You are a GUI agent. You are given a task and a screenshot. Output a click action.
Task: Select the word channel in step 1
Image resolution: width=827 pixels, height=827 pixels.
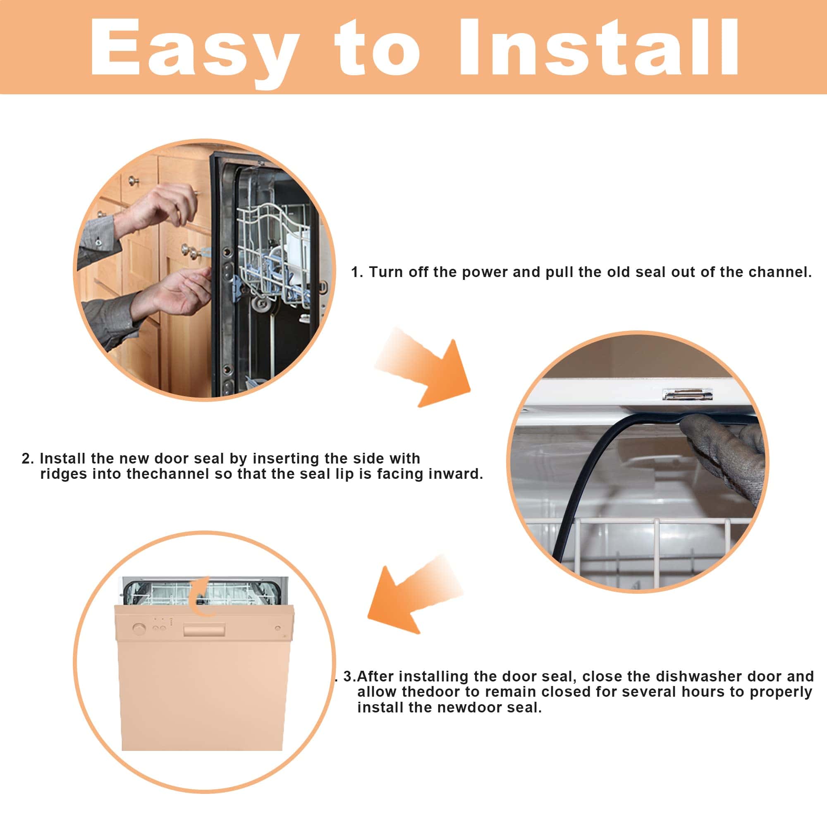779,272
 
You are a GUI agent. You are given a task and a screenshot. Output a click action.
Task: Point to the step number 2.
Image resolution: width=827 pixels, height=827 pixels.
28,459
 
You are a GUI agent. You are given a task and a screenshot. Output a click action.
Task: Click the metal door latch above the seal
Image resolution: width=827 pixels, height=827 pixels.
687,394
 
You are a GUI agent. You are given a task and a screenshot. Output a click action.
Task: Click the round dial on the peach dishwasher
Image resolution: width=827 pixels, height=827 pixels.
139,629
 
